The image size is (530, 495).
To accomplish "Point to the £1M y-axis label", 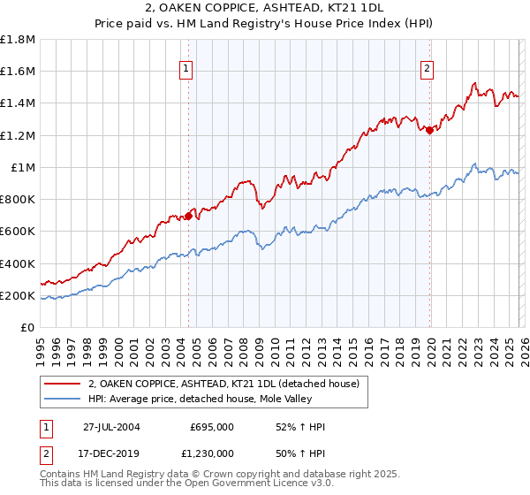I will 23,167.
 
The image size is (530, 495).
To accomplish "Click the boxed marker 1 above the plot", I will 188,70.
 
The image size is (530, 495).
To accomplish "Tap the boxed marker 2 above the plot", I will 428,70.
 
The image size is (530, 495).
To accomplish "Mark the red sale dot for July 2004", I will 189,216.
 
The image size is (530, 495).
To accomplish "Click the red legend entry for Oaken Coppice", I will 223,385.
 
